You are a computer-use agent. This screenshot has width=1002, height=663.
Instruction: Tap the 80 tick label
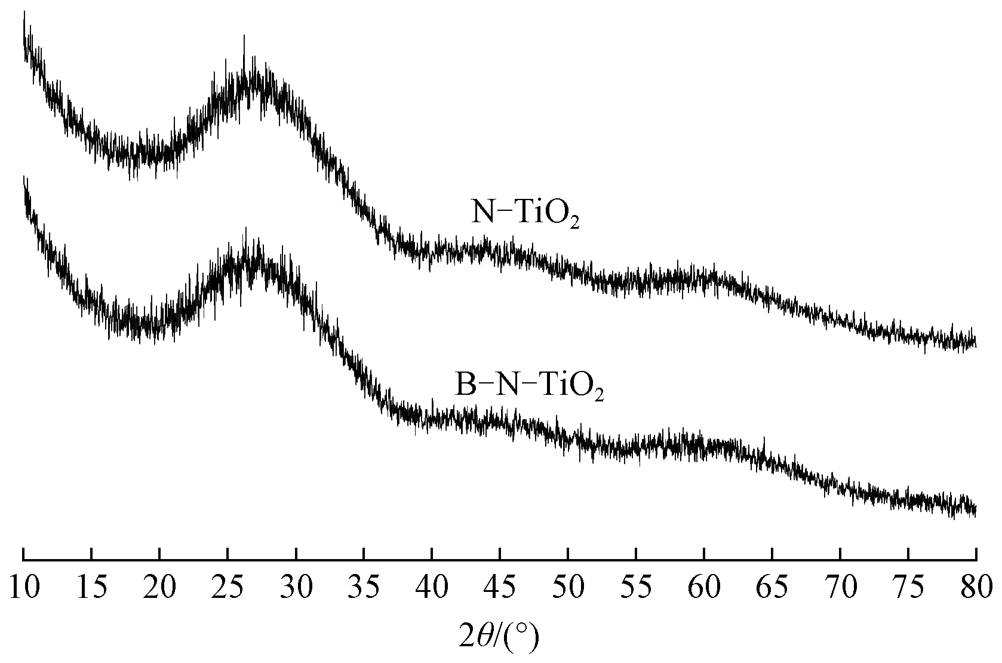click(976, 587)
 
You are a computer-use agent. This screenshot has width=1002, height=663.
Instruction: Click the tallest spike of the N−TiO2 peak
click(244, 37)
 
